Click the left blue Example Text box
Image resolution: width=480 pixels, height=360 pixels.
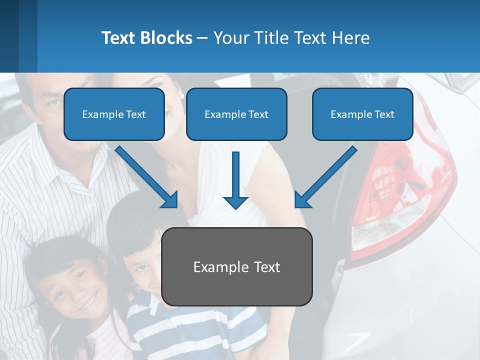click(114, 114)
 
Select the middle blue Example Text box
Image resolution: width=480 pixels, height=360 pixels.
click(236, 114)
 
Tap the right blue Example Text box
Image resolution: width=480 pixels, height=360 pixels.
click(362, 114)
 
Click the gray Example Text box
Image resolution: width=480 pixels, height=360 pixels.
click(236, 266)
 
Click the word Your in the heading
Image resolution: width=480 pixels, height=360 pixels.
click(229, 38)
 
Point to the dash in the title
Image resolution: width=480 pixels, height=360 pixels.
click(203, 38)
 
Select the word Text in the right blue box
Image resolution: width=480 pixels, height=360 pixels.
click(383, 114)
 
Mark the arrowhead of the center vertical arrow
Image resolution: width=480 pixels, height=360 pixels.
click(235, 202)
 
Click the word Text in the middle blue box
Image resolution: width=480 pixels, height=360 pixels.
click(258, 114)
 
